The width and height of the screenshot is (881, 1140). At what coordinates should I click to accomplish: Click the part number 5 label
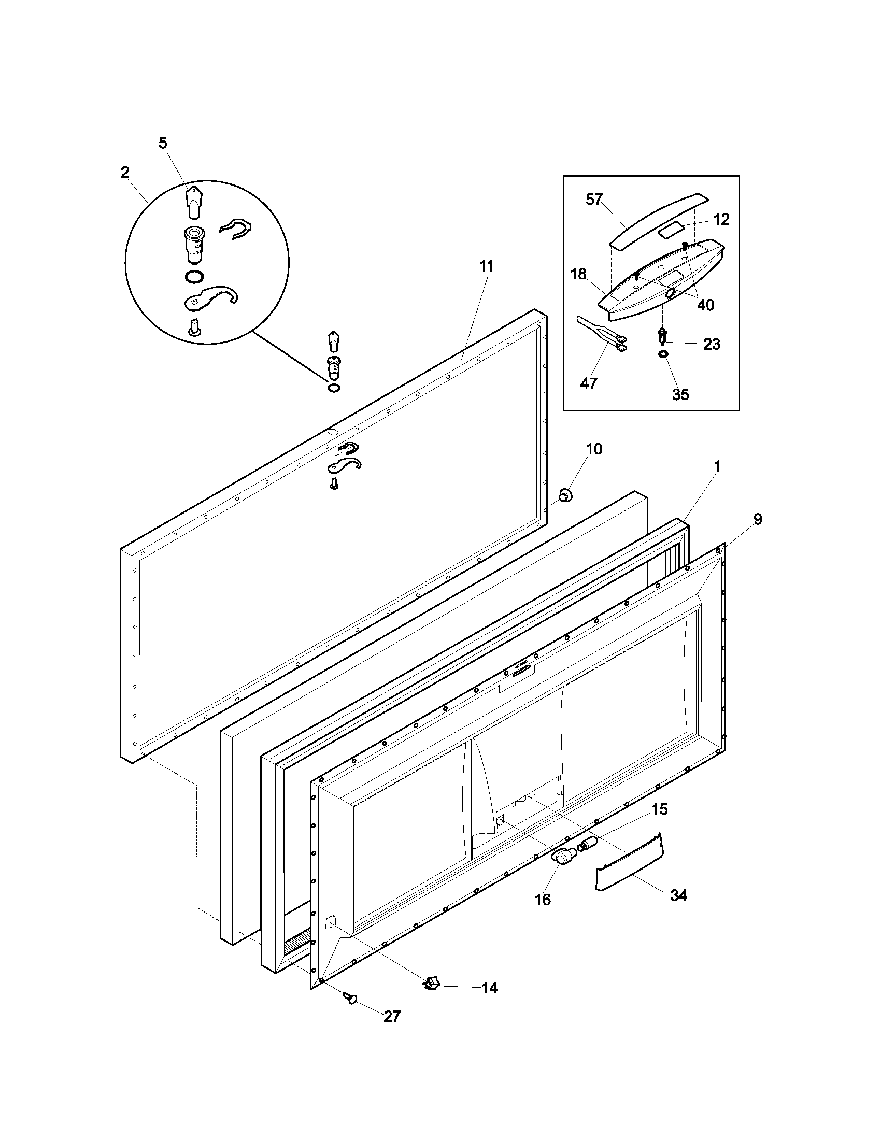click(163, 143)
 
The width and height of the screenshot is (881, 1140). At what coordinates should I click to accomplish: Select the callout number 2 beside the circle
click(125, 173)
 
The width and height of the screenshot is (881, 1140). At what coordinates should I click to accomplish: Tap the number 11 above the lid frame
click(486, 266)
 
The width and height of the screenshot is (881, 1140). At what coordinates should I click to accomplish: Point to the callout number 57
click(594, 199)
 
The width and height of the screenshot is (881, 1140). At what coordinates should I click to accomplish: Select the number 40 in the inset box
click(706, 305)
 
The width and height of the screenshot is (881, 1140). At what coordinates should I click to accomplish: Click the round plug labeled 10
click(565, 495)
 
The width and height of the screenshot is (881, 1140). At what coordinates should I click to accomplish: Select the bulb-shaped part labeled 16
click(563, 857)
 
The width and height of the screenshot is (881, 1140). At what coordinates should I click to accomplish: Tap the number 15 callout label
click(660, 809)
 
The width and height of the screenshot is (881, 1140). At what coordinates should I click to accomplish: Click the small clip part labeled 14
click(432, 984)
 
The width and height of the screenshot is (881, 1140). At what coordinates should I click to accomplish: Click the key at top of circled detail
click(193, 202)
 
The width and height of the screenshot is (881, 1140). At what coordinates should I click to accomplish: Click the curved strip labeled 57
click(658, 220)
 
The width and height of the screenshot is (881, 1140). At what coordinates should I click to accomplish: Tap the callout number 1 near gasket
click(717, 467)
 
